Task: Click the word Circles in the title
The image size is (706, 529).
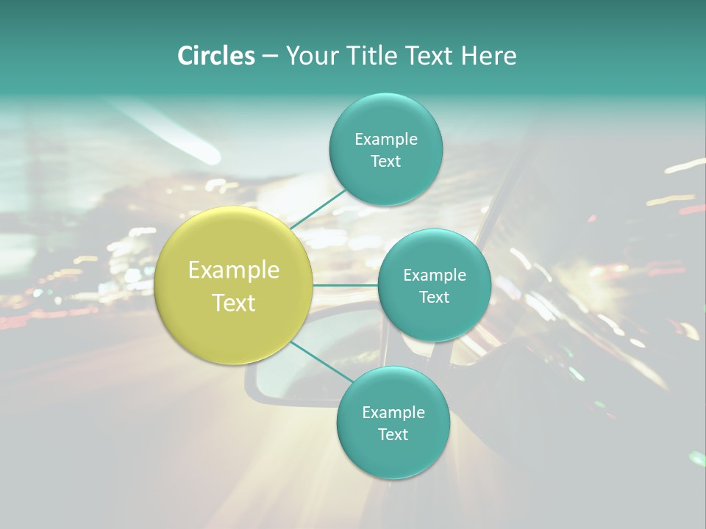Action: tap(215, 56)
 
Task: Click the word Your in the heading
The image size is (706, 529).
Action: tap(310, 56)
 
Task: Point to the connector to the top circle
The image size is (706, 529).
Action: tap(318, 209)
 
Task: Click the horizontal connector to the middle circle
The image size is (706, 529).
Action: tap(345, 285)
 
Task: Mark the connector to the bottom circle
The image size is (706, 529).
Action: tap(321, 361)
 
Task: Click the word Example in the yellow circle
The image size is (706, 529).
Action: tap(234, 270)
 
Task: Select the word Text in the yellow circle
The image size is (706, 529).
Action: tap(234, 303)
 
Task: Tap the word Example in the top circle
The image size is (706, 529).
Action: tap(386, 139)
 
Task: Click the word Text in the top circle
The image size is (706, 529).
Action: tap(385, 161)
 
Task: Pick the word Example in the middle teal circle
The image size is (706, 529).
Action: tap(435, 275)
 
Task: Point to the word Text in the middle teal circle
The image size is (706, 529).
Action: tap(434, 297)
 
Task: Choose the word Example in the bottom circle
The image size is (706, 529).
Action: tap(393, 412)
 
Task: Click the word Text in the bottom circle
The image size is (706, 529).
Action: tap(393, 434)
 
